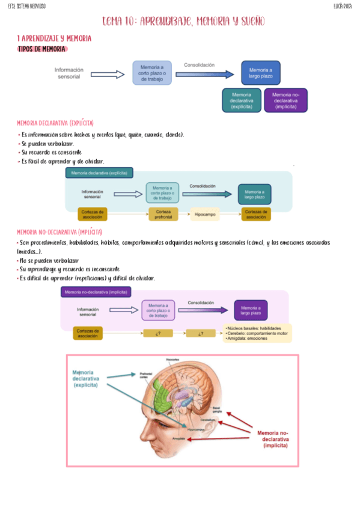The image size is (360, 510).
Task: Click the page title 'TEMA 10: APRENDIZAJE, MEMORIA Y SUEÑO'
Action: [183, 22]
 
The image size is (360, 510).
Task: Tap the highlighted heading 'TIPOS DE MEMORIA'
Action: [42, 49]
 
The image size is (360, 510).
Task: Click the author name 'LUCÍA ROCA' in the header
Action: [343, 6]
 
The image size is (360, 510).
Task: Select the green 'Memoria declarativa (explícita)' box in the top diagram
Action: [241, 100]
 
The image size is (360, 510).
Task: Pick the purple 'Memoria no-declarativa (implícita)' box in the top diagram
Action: [285, 100]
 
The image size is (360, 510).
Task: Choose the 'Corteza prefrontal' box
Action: [164, 214]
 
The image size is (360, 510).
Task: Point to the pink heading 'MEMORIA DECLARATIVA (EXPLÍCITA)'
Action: [55, 123]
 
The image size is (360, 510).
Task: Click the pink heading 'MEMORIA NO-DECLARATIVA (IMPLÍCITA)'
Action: [59, 232]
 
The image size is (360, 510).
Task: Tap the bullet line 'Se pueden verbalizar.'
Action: [47, 144]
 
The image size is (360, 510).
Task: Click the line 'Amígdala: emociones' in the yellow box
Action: [247, 339]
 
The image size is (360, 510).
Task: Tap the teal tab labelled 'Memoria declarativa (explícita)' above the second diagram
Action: [99, 173]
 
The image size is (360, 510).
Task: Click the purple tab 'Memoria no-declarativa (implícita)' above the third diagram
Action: [96, 292]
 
